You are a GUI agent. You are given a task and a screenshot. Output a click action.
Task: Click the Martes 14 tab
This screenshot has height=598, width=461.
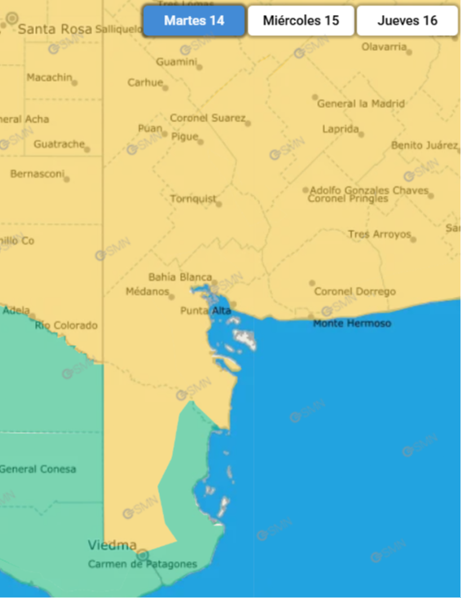(194, 20)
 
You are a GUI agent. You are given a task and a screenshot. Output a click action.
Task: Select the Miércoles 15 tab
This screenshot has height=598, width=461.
(301, 20)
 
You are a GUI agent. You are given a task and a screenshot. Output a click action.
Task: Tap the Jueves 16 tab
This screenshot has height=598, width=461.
(408, 20)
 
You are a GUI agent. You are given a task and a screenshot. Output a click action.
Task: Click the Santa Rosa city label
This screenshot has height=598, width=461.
(54, 29)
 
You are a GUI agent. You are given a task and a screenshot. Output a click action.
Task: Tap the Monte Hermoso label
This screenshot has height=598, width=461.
(352, 324)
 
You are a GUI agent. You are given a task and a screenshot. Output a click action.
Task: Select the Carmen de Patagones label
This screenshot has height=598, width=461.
(142, 564)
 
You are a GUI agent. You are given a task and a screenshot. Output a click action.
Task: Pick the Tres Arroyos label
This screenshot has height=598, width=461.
(379, 234)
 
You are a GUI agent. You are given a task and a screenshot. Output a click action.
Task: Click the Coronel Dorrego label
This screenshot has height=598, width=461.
(355, 292)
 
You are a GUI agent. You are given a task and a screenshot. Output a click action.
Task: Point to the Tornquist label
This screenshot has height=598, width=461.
(193, 198)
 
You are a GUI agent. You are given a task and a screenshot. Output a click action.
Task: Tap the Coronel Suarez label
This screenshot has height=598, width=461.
(207, 118)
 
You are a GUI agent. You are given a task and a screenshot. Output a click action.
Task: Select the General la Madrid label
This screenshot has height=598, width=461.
(361, 104)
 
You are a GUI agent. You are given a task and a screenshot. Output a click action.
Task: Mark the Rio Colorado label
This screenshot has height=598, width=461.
(66, 326)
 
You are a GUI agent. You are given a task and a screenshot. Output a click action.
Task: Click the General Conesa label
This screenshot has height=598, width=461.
(38, 469)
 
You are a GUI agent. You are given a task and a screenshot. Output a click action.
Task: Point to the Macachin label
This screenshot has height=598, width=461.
(49, 77)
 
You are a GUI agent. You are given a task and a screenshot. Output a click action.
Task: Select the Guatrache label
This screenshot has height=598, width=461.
(59, 144)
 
